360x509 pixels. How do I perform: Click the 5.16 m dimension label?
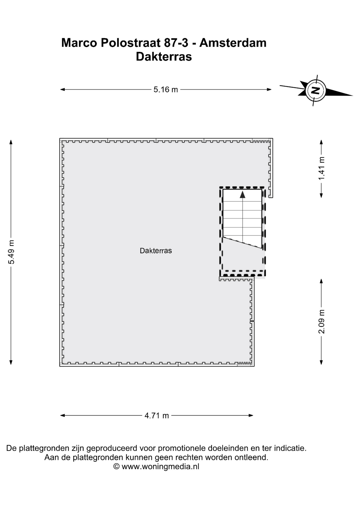[x=166, y=90]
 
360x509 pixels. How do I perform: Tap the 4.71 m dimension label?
[x=157, y=415]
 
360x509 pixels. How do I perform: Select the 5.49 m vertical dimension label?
[x=11, y=252]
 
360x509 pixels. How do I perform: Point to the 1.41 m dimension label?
[x=321, y=168]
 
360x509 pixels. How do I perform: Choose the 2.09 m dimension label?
[x=321, y=322]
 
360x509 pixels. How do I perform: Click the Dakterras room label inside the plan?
[x=156, y=251]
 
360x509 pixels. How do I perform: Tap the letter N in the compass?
[x=315, y=90]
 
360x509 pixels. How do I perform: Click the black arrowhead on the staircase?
[x=243, y=195]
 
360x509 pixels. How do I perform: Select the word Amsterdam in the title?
[x=233, y=43]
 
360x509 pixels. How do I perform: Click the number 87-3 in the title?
[x=176, y=43]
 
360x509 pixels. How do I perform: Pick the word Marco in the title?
[x=79, y=43]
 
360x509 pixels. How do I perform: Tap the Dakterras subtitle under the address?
[x=164, y=57]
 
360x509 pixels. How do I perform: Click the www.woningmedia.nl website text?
[x=160, y=467]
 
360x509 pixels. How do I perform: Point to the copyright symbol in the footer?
[x=116, y=467]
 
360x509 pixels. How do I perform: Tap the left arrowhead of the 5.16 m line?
[x=63, y=90]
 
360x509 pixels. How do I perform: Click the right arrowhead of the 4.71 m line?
[x=251, y=415]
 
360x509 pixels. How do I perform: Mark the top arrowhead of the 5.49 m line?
[x=11, y=142]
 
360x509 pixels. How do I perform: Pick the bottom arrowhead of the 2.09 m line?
[x=321, y=362]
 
